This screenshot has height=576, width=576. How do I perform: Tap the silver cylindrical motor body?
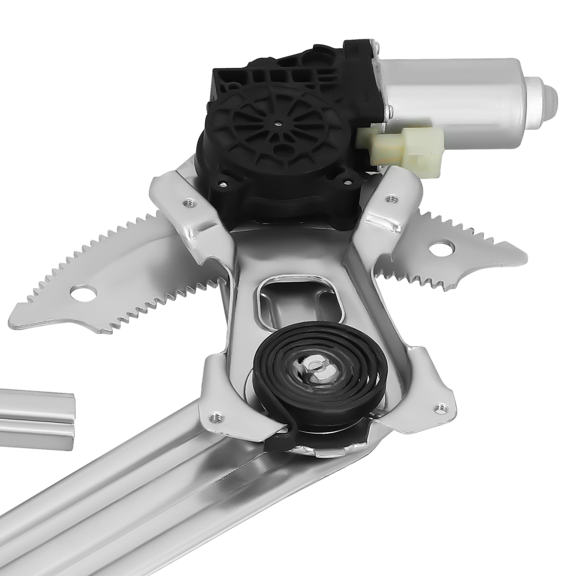pos(455,98)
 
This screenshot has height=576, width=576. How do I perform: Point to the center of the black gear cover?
pos(278,123)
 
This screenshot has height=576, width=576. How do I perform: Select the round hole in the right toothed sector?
pos(440,249)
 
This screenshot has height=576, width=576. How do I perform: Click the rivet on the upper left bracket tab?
pos(187,203)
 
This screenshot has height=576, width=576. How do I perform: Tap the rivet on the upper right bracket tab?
pos(392,199)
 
